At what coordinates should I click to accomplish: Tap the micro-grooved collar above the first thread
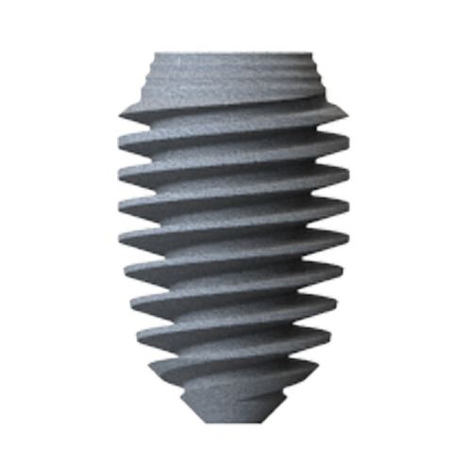236,76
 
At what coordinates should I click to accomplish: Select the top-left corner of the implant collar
162,51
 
